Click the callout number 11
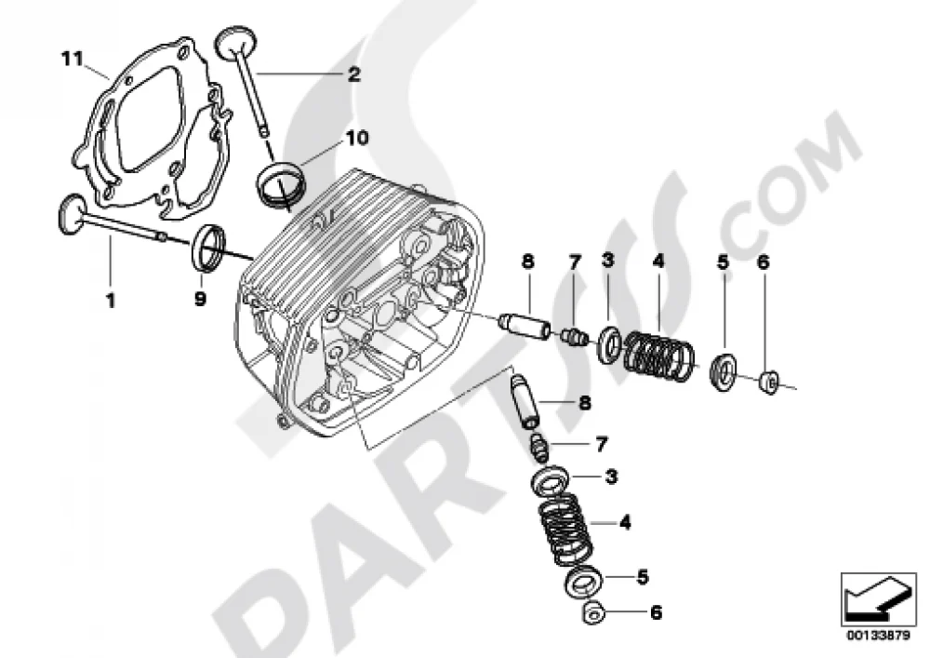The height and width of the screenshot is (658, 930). tap(72, 59)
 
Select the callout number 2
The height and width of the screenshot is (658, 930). tap(353, 74)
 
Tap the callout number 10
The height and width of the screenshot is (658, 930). tap(357, 138)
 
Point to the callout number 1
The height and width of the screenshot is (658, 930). tap(111, 301)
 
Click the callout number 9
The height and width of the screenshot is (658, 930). tap(201, 299)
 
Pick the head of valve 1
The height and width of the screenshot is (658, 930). tap(71, 212)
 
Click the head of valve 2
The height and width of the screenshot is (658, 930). tap(235, 42)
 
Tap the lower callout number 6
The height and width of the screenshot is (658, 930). tap(656, 612)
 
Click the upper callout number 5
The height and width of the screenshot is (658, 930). tap(723, 262)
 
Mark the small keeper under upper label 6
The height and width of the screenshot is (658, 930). tap(770, 383)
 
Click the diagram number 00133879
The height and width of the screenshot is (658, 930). tap(878, 636)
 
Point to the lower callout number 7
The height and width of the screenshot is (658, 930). tap(601, 444)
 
